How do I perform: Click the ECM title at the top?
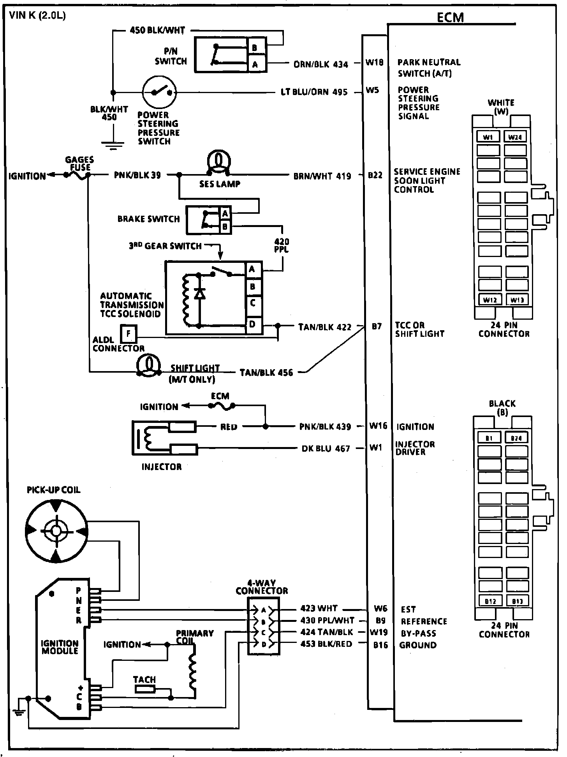coord(450,18)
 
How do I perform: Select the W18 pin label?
coord(374,62)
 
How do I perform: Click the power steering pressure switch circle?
coord(160,92)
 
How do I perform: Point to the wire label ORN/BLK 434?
coord(320,64)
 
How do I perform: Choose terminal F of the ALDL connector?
coord(129,333)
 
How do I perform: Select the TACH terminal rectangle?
coord(145,689)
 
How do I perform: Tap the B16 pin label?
coord(380,645)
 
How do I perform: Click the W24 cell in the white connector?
coord(516,137)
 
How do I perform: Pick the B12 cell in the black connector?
coord(490,601)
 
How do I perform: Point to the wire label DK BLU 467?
coord(326,449)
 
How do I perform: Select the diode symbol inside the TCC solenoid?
coord(200,294)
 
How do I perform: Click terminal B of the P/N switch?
coord(255,48)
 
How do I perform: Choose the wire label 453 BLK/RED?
coord(326,644)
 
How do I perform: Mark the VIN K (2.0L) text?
coord(37,16)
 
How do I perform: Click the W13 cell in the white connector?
coord(517,300)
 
